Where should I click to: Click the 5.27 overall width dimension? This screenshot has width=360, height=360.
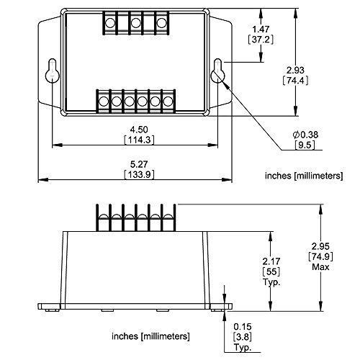tap(135, 164)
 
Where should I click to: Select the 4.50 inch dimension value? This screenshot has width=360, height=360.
tap(135, 128)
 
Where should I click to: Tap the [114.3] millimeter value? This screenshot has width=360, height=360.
tap(135, 138)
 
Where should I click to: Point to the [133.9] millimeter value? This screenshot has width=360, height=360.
tap(135, 175)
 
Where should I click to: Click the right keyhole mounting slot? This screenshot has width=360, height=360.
tap(219, 73)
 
